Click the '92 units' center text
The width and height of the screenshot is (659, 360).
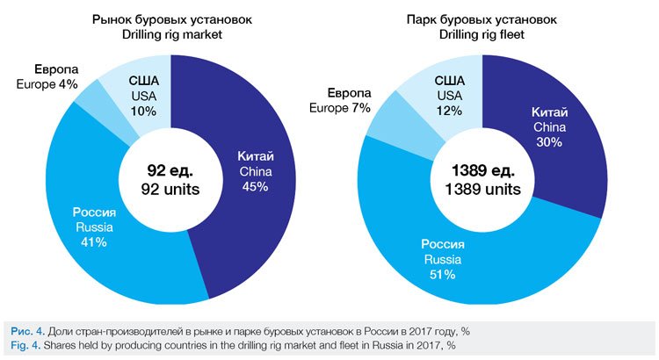(x=170, y=188)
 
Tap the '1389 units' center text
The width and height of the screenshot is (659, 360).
(x=482, y=189)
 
